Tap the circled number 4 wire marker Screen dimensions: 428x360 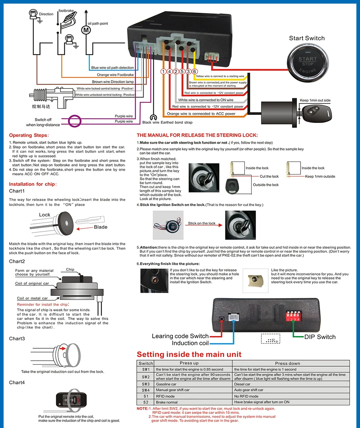point(170,72)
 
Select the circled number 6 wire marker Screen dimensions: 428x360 point(194,72)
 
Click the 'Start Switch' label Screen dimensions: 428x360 point(307,38)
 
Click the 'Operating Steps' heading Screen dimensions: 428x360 point(28,135)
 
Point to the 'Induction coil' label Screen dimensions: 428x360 point(190,343)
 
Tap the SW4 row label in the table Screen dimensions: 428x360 point(145,390)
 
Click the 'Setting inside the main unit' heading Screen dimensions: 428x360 point(189,354)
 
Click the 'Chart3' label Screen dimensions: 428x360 point(17,338)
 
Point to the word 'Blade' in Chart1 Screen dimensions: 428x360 point(100,227)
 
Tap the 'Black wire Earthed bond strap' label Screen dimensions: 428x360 point(167,122)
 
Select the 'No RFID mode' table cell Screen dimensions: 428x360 point(246,396)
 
